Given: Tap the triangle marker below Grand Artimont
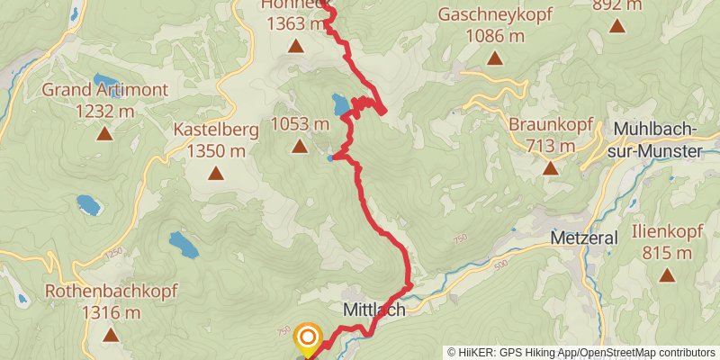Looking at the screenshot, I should click(x=104, y=134).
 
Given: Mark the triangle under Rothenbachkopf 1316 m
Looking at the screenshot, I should click(x=111, y=335).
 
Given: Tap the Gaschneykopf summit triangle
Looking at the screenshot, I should click(x=494, y=58).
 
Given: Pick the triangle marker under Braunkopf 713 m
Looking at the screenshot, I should click(x=550, y=167).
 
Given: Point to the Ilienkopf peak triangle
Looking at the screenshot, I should click(x=668, y=277).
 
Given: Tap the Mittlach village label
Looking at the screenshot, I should click(x=373, y=309).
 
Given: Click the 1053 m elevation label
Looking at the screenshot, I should click(x=299, y=123).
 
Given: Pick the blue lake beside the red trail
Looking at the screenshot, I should click(x=341, y=104).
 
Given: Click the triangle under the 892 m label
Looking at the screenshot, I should click(x=617, y=25).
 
